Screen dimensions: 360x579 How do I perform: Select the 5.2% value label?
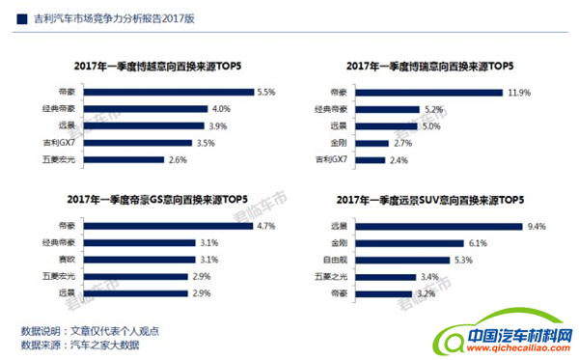pyautogui.click(x=434, y=109)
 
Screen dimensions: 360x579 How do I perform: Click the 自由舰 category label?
pyautogui.click(x=337, y=261)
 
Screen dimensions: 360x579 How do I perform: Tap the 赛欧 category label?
pyautogui.click(x=69, y=260)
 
